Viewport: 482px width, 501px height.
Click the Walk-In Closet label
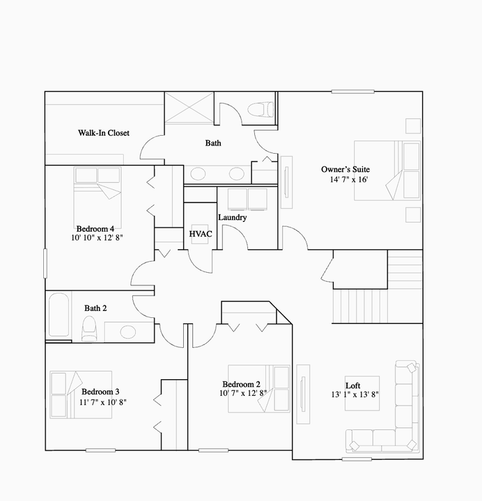103,133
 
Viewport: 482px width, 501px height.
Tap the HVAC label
201,234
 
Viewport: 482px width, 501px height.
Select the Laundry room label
232,218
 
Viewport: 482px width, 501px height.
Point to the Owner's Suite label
345,169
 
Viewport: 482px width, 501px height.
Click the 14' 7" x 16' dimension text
348,180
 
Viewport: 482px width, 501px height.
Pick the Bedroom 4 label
95,228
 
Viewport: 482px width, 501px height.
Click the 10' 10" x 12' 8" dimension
95,238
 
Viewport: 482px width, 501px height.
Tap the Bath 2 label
95,308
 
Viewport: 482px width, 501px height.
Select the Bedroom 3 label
101,392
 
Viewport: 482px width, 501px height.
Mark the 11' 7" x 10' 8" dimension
102,402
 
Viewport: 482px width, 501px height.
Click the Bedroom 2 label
241,385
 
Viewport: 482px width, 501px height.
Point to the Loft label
352,385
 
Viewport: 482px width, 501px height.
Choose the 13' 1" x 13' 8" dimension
354,395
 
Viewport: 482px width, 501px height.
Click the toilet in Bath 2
89,328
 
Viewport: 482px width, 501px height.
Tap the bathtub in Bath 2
59,316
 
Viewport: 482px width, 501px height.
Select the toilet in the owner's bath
263,110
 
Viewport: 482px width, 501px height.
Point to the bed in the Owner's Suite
387,170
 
